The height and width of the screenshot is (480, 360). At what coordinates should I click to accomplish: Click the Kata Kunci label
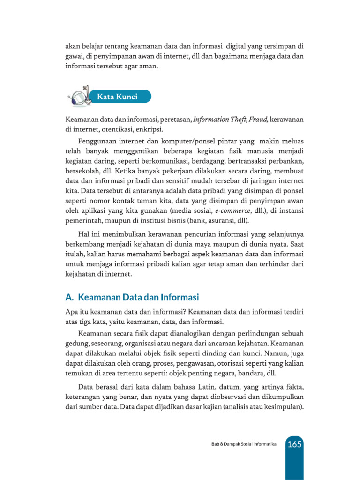pos(117,97)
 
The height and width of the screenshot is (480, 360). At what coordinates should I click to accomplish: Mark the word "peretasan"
pos(175,120)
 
